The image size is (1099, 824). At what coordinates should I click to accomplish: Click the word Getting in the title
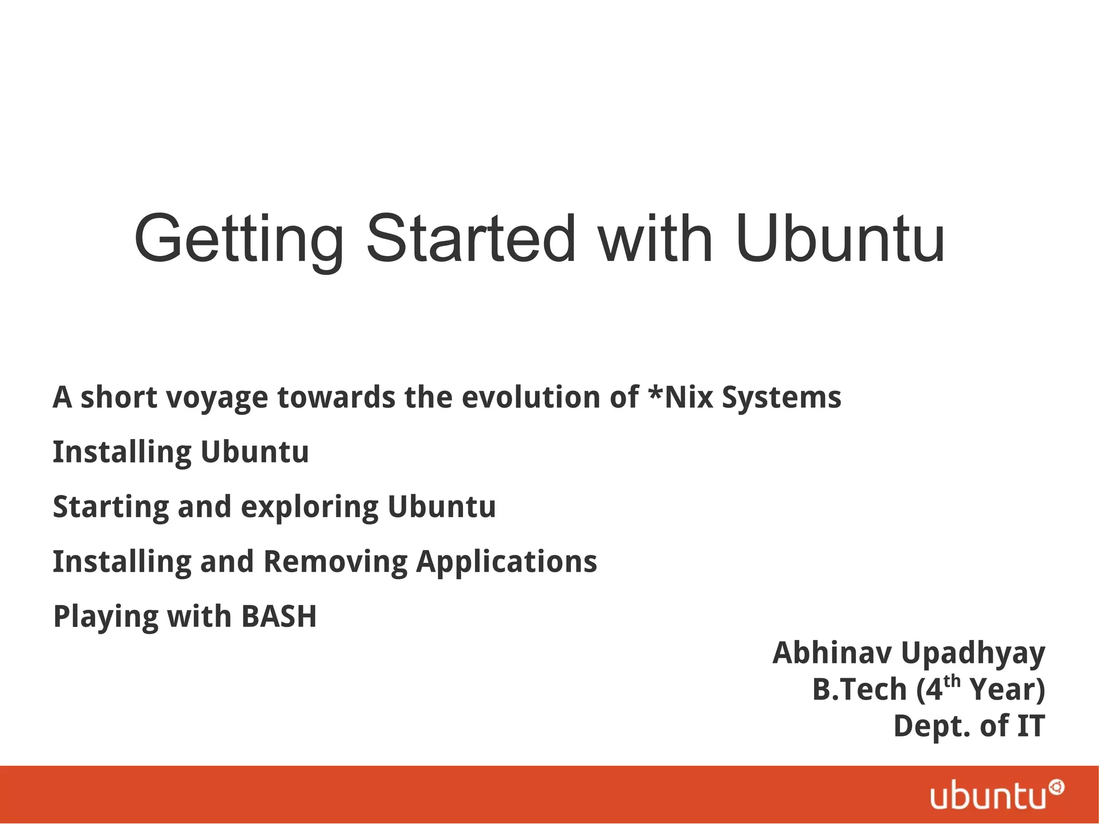[239, 240]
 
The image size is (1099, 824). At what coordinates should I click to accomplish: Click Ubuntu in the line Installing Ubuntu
[255, 451]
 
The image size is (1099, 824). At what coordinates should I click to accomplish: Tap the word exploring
[310, 507]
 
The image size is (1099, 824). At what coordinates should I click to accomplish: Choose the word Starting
[111, 507]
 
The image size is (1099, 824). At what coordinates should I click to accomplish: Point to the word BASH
[279, 616]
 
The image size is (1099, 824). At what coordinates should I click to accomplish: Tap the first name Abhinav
[832, 653]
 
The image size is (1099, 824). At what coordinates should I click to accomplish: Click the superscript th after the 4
[952, 682]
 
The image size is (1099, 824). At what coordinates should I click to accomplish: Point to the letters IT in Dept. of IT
[1030, 726]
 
